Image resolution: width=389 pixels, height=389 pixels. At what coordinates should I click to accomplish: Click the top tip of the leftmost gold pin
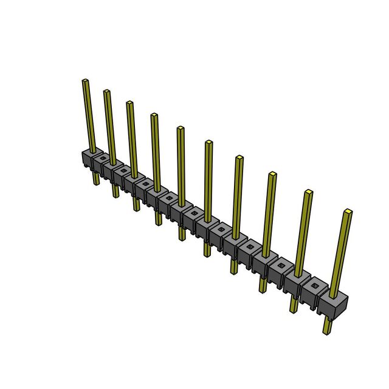pyautogui.click(x=86, y=81)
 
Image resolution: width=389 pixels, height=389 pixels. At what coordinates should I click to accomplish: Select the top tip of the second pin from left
pyautogui.click(x=106, y=92)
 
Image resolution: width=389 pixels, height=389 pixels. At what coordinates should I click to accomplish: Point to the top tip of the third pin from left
pyautogui.click(x=129, y=103)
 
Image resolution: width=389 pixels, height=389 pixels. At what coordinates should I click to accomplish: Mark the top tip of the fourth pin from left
pyautogui.click(x=154, y=115)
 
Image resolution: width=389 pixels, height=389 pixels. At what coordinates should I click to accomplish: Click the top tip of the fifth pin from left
pyautogui.click(x=181, y=128)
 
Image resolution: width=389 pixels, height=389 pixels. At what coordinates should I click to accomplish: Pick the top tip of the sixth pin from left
pyautogui.click(x=208, y=143)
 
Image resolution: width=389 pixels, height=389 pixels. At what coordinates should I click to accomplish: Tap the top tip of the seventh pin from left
pyautogui.click(x=239, y=158)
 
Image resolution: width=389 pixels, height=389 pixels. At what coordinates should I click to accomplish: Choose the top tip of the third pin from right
pyautogui.click(x=272, y=174)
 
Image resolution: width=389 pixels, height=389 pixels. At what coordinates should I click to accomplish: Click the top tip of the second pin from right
pyautogui.click(x=309, y=193)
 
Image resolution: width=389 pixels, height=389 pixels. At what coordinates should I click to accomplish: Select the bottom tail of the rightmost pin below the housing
pyautogui.click(x=327, y=331)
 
